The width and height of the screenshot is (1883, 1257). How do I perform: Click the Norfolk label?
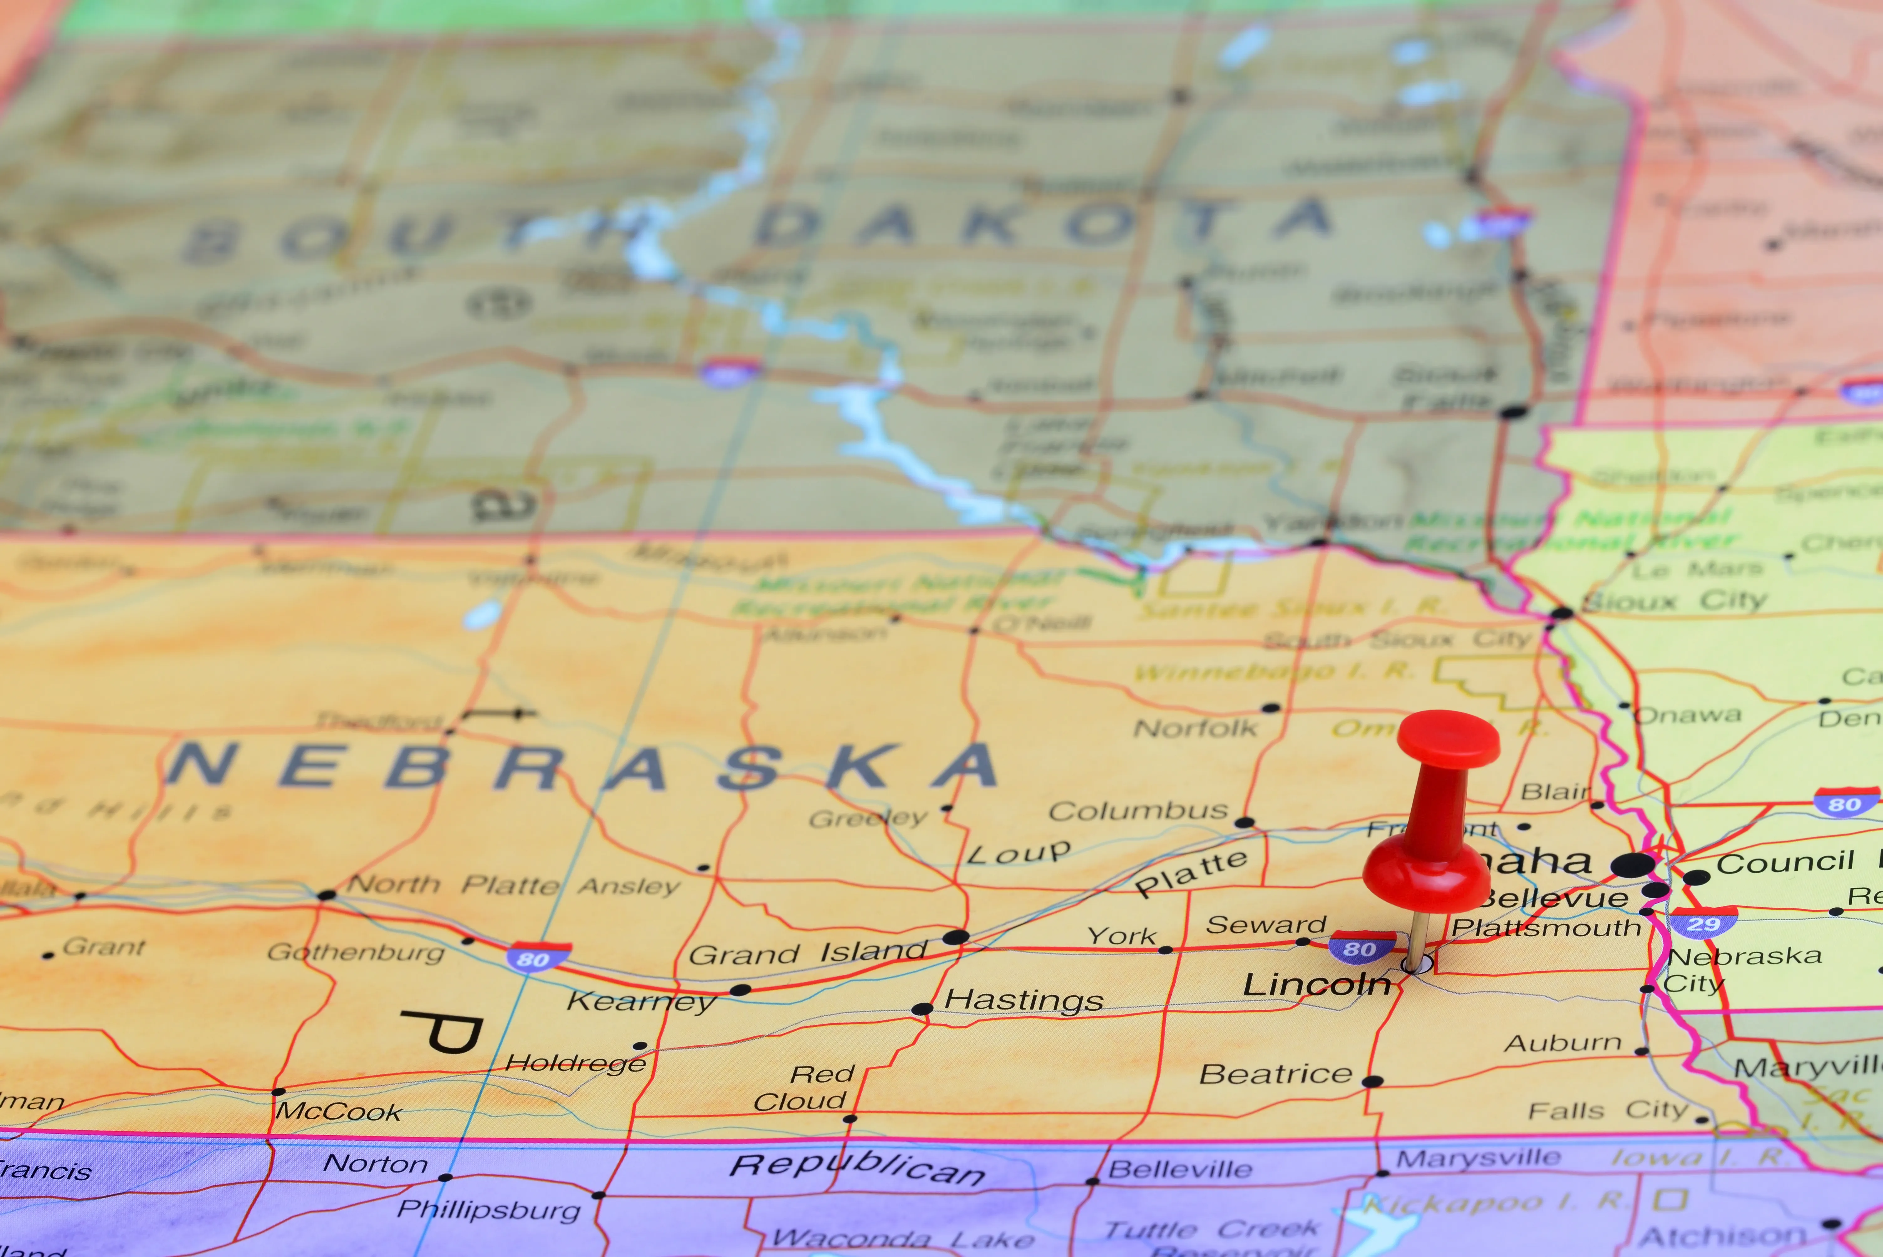[1195, 728]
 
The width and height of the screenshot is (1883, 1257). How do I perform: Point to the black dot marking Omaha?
[1632, 865]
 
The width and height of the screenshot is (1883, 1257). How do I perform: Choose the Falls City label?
[1607, 1110]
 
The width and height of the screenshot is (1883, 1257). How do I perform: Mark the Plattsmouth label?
[1546, 927]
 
